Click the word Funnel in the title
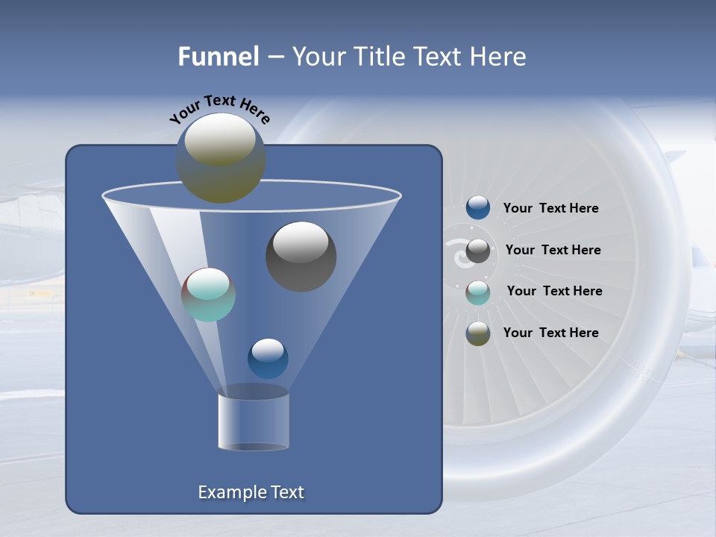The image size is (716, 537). tap(218, 57)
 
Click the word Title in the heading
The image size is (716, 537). tap(378, 57)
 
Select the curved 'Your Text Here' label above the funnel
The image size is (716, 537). tap(219, 109)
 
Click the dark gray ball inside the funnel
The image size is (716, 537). tap(301, 257)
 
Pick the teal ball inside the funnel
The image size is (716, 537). tap(208, 295)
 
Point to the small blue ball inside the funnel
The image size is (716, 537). tap(268, 358)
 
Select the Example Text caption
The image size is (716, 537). tap(251, 492)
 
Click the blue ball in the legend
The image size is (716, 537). tap(478, 208)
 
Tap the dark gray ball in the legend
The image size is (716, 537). tap(478, 251)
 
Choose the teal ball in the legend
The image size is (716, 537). tap(478, 292)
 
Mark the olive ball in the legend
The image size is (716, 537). tap(478, 333)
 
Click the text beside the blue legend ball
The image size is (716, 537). tap(550, 209)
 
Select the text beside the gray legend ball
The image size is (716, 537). tap(553, 251)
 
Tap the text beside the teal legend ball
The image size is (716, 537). tap(554, 292)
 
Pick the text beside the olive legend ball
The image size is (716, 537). tap(550, 333)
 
